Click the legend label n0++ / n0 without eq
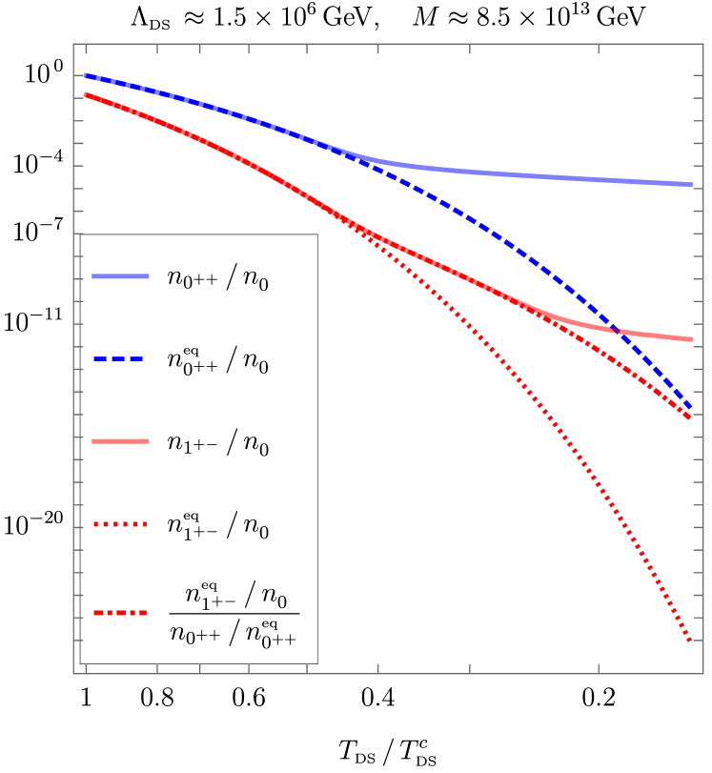[217, 279]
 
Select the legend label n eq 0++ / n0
[217, 360]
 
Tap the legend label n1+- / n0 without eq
[217, 443]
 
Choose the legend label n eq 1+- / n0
[217, 524]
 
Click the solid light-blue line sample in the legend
[120, 276]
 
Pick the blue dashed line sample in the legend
[120, 359]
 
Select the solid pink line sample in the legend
[120, 441]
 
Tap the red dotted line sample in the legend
[120, 523]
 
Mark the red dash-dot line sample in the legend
[120, 613]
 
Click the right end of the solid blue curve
[691, 184]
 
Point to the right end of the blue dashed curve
[691, 410]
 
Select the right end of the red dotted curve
[690, 641]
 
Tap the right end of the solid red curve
[691, 338]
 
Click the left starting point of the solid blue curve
[85, 74]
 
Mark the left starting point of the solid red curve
[85, 93]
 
